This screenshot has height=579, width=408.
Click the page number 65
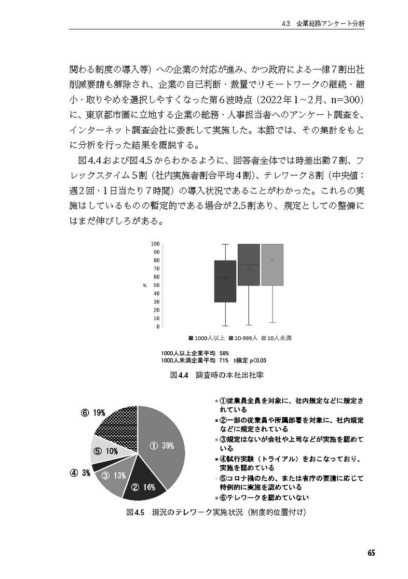tap(370, 553)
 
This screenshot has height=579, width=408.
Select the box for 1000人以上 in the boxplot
tap(225, 281)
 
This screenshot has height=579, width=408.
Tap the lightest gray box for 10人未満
tap(272, 264)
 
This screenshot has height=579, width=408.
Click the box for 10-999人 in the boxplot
tap(249, 264)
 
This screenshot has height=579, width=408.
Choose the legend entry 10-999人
tap(245, 338)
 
